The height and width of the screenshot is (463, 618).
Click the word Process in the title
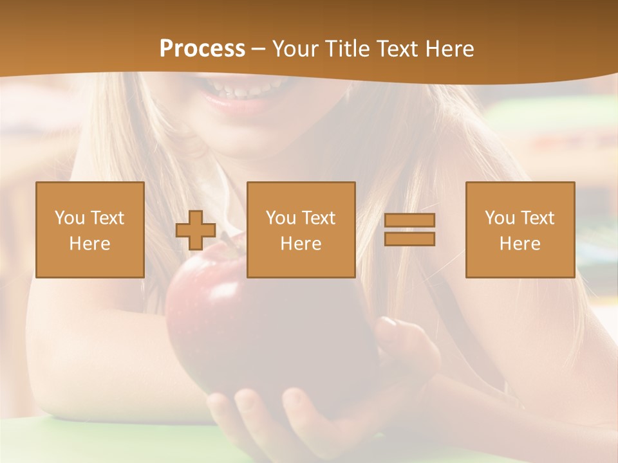coord(202,49)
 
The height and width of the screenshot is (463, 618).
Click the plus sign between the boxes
coord(196,230)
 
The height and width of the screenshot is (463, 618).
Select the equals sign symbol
coord(409,230)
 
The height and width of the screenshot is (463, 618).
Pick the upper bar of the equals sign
coord(409,221)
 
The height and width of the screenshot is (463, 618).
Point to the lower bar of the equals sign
coord(409,239)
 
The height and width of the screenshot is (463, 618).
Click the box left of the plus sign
coord(89,230)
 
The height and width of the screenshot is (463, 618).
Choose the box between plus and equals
coord(301,230)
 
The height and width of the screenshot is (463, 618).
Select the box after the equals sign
coord(520,230)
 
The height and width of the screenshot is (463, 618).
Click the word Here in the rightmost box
coord(520,244)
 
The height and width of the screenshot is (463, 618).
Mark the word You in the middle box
coord(280,218)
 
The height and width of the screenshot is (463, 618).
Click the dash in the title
coord(258,49)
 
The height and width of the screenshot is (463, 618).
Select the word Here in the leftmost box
coord(89,244)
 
